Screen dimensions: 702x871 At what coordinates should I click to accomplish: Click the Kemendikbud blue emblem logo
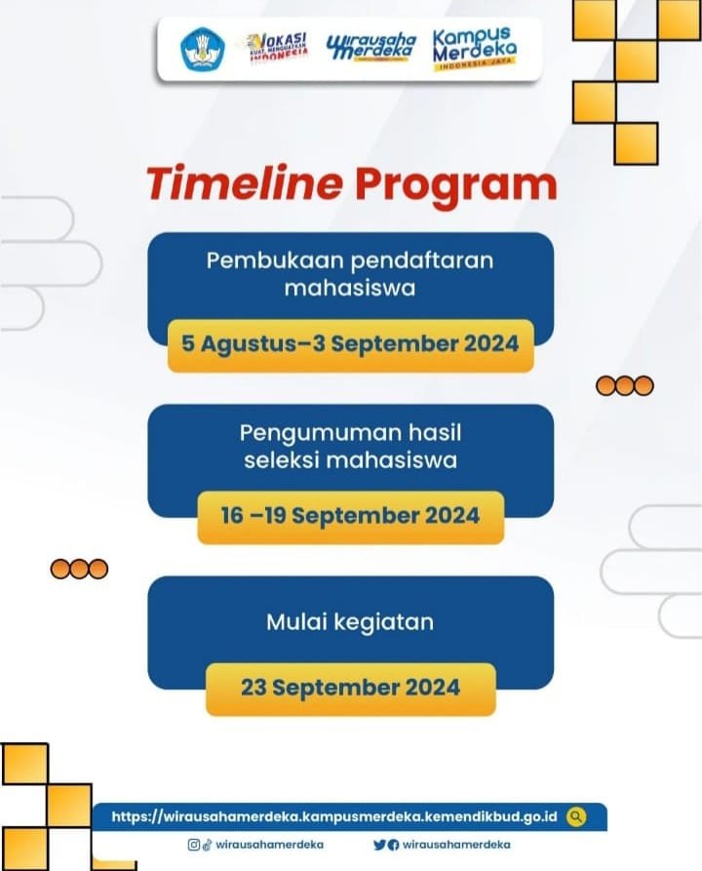coord(202,50)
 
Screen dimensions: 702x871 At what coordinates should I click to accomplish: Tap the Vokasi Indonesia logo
coord(277,47)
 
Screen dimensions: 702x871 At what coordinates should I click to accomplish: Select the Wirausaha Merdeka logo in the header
coord(371,47)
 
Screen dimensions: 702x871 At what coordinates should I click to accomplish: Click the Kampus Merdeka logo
coord(474,49)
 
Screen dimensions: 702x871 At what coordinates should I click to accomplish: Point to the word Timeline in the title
coord(245,183)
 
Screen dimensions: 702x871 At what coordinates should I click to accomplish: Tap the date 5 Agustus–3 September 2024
coord(350,344)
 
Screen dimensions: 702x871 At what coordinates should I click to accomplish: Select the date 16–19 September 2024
coord(350,516)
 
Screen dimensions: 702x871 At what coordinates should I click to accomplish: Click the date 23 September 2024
coord(350,688)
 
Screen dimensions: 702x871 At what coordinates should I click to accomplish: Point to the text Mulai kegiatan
coord(350,622)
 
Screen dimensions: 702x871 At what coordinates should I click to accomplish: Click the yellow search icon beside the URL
coord(576,816)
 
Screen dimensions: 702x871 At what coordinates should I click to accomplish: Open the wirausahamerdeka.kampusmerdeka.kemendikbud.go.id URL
coord(334,816)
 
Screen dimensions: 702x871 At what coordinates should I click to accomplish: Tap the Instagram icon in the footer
coord(194,845)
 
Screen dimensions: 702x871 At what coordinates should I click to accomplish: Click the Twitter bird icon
coord(379,845)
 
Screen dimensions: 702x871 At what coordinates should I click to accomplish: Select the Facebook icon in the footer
coord(393,846)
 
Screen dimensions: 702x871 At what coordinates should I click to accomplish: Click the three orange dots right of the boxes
coord(625,385)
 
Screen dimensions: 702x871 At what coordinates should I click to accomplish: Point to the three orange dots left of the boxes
coord(79,569)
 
